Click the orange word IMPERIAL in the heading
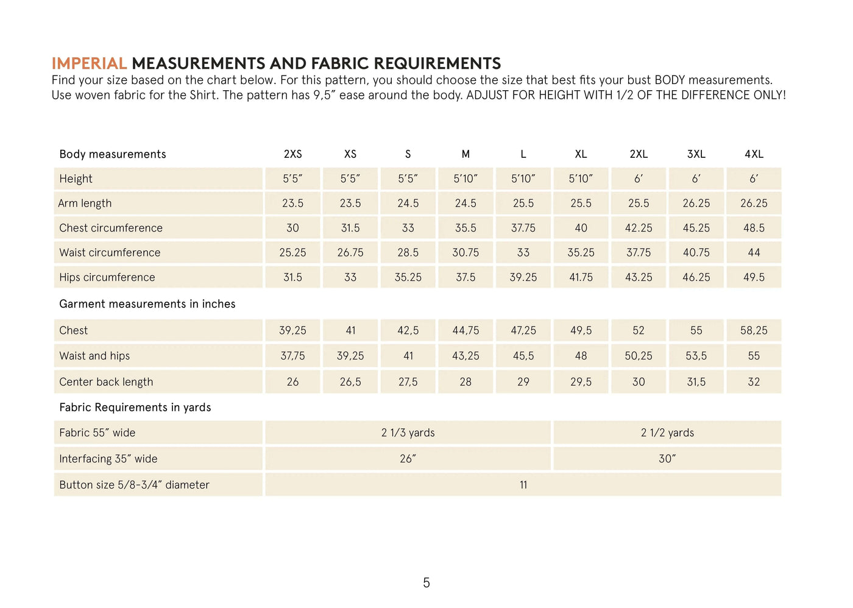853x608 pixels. pyautogui.click(x=89, y=63)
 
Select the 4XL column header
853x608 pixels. pyautogui.click(x=754, y=154)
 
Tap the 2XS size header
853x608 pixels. pyautogui.click(x=292, y=154)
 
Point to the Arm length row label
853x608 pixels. pyautogui.click(x=85, y=203)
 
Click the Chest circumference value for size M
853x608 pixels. pyautogui.click(x=465, y=228)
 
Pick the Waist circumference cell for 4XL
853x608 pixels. pyautogui.click(x=754, y=252)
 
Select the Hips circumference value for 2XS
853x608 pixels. pyautogui.click(x=292, y=277)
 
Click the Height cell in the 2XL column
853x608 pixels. pyautogui.click(x=638, y=179)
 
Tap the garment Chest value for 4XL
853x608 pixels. pyautogui.click(x=754, y=330)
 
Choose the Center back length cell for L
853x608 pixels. pyautogui.click(x=523, y=382)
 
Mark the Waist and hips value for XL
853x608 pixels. pyautogui.click(x=581, y=356)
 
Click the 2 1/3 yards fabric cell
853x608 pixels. pyautogui.click(x=408, y=433)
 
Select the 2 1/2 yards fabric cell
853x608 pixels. pyautogui.click(x=667, y=433)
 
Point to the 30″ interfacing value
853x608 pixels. pyautogui.click(x=667, y=459)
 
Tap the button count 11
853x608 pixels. pyautogui.click(x=523, y=485)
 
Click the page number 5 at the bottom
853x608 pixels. pyautogui.click(x=426, y=583)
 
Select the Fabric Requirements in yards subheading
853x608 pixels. pyautogui.click(x=135, y=408)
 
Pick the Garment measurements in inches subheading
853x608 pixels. pyautogui.click(x=147, y=304)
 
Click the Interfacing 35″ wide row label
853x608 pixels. pyautogui.click(x=108, y=459)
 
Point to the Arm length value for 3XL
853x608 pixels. pyautogui.click(x=696, y=203)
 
